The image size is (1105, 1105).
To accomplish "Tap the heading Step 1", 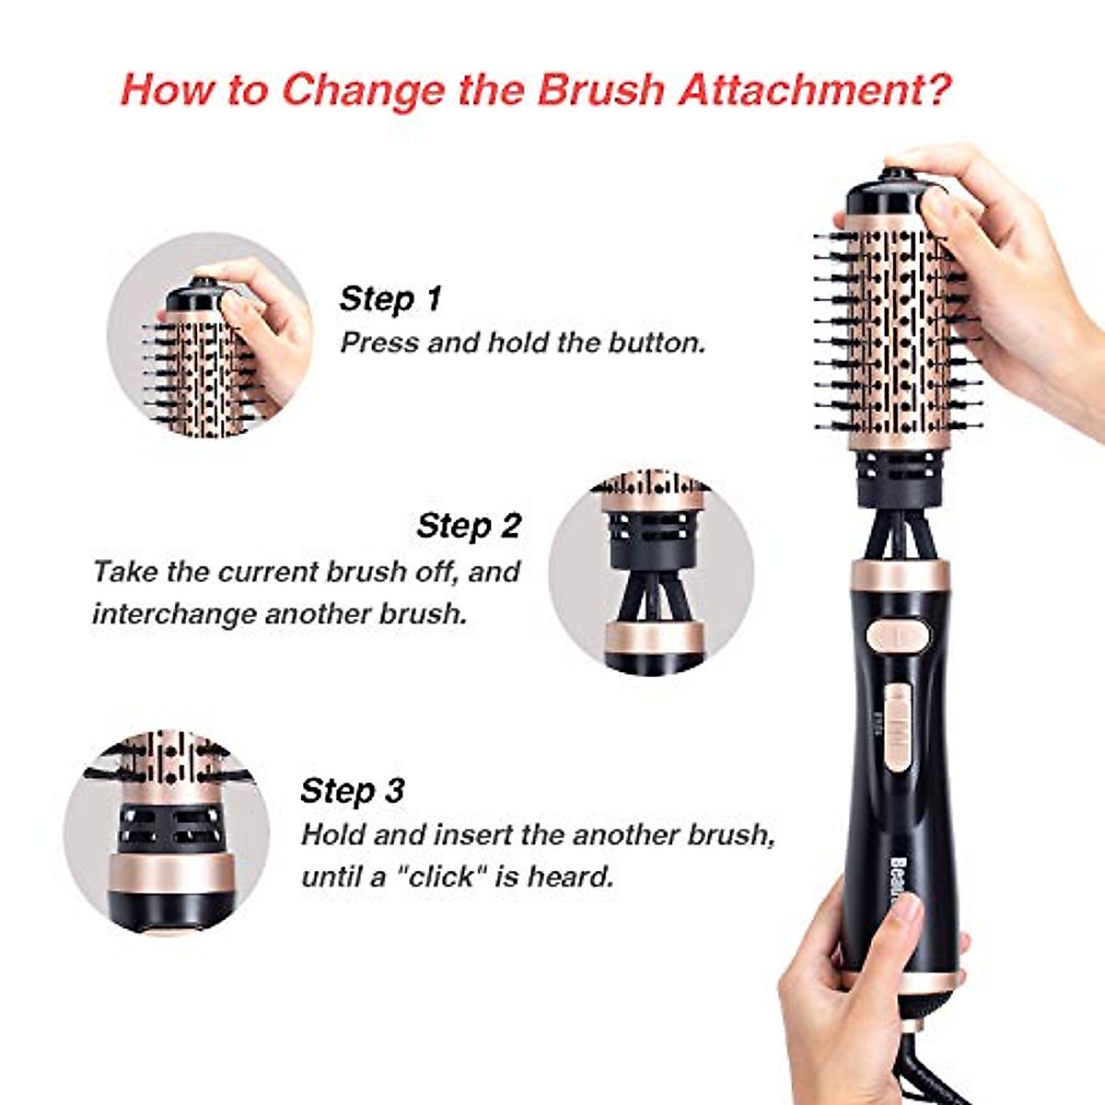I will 390,298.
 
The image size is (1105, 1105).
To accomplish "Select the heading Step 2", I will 469,526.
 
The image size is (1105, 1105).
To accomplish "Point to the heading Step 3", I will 352,790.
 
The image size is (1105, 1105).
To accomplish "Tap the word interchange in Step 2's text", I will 174,613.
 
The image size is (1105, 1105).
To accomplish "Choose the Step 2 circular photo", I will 651,571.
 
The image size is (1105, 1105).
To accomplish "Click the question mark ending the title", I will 936,90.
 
